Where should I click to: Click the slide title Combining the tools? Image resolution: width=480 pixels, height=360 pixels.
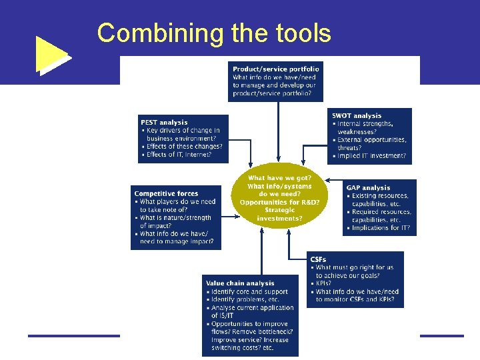pos(213,33)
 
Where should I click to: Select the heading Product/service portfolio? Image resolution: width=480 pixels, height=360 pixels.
pos(276,69)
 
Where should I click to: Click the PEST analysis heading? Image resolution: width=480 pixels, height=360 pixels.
pos(164,122)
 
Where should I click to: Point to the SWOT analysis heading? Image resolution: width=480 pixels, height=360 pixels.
pos(357,116)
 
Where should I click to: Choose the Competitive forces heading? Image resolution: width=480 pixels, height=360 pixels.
pos(166,193)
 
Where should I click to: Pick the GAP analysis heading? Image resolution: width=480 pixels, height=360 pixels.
pos(368,188)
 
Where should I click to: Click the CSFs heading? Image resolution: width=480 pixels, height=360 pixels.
pos(318,259)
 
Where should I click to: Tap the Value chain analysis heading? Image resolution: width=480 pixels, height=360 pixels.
pos(240,283)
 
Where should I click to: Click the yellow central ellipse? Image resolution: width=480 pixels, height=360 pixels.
pos(280,197)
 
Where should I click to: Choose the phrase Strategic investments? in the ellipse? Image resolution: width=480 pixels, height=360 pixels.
pos(279,214)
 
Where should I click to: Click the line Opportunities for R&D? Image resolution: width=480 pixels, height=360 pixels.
pos(280,202)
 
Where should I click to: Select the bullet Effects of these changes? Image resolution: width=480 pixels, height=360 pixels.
pos(182,147)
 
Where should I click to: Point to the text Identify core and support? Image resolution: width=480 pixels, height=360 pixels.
pos(248,292)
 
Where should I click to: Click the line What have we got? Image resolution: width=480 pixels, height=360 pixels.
pos(279,178)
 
